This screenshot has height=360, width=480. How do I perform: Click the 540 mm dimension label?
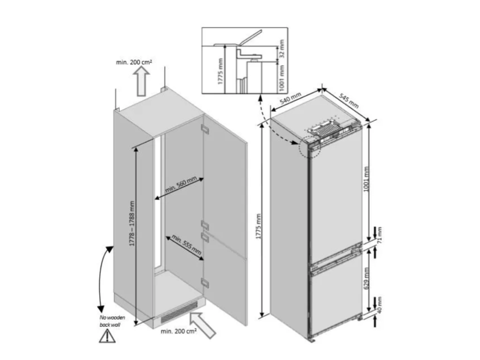click(x=291, y=98)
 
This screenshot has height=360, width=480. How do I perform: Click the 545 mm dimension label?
click(x=349, y=100)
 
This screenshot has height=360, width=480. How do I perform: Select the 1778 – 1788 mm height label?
click(x=132, y=224)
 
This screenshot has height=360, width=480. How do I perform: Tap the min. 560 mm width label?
click(x=181, y=185)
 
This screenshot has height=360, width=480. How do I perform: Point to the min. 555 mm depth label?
click(x=187, y=245)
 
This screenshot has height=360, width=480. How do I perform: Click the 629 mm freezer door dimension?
click(x=367, y=278)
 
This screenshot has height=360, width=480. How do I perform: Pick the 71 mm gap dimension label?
click(x=380, y=235)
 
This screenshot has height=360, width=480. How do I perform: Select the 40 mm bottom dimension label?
click(x=380, y=305)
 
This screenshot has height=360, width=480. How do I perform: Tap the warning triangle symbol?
click(x=107, y=335)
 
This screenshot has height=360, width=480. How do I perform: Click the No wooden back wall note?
click(x=112, y=321)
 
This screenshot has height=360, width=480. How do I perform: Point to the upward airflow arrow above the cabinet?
click(x=141, y=82)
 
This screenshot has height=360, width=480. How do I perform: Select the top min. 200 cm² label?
click(x=134, y=62)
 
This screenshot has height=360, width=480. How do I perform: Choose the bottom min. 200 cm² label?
click(x=179, y=331)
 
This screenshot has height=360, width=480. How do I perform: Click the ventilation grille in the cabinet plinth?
click(x=179, y=312)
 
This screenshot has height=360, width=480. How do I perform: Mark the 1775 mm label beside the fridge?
click(x=259, y=226)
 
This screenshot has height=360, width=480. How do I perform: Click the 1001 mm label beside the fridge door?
click(x=367, y=179)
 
